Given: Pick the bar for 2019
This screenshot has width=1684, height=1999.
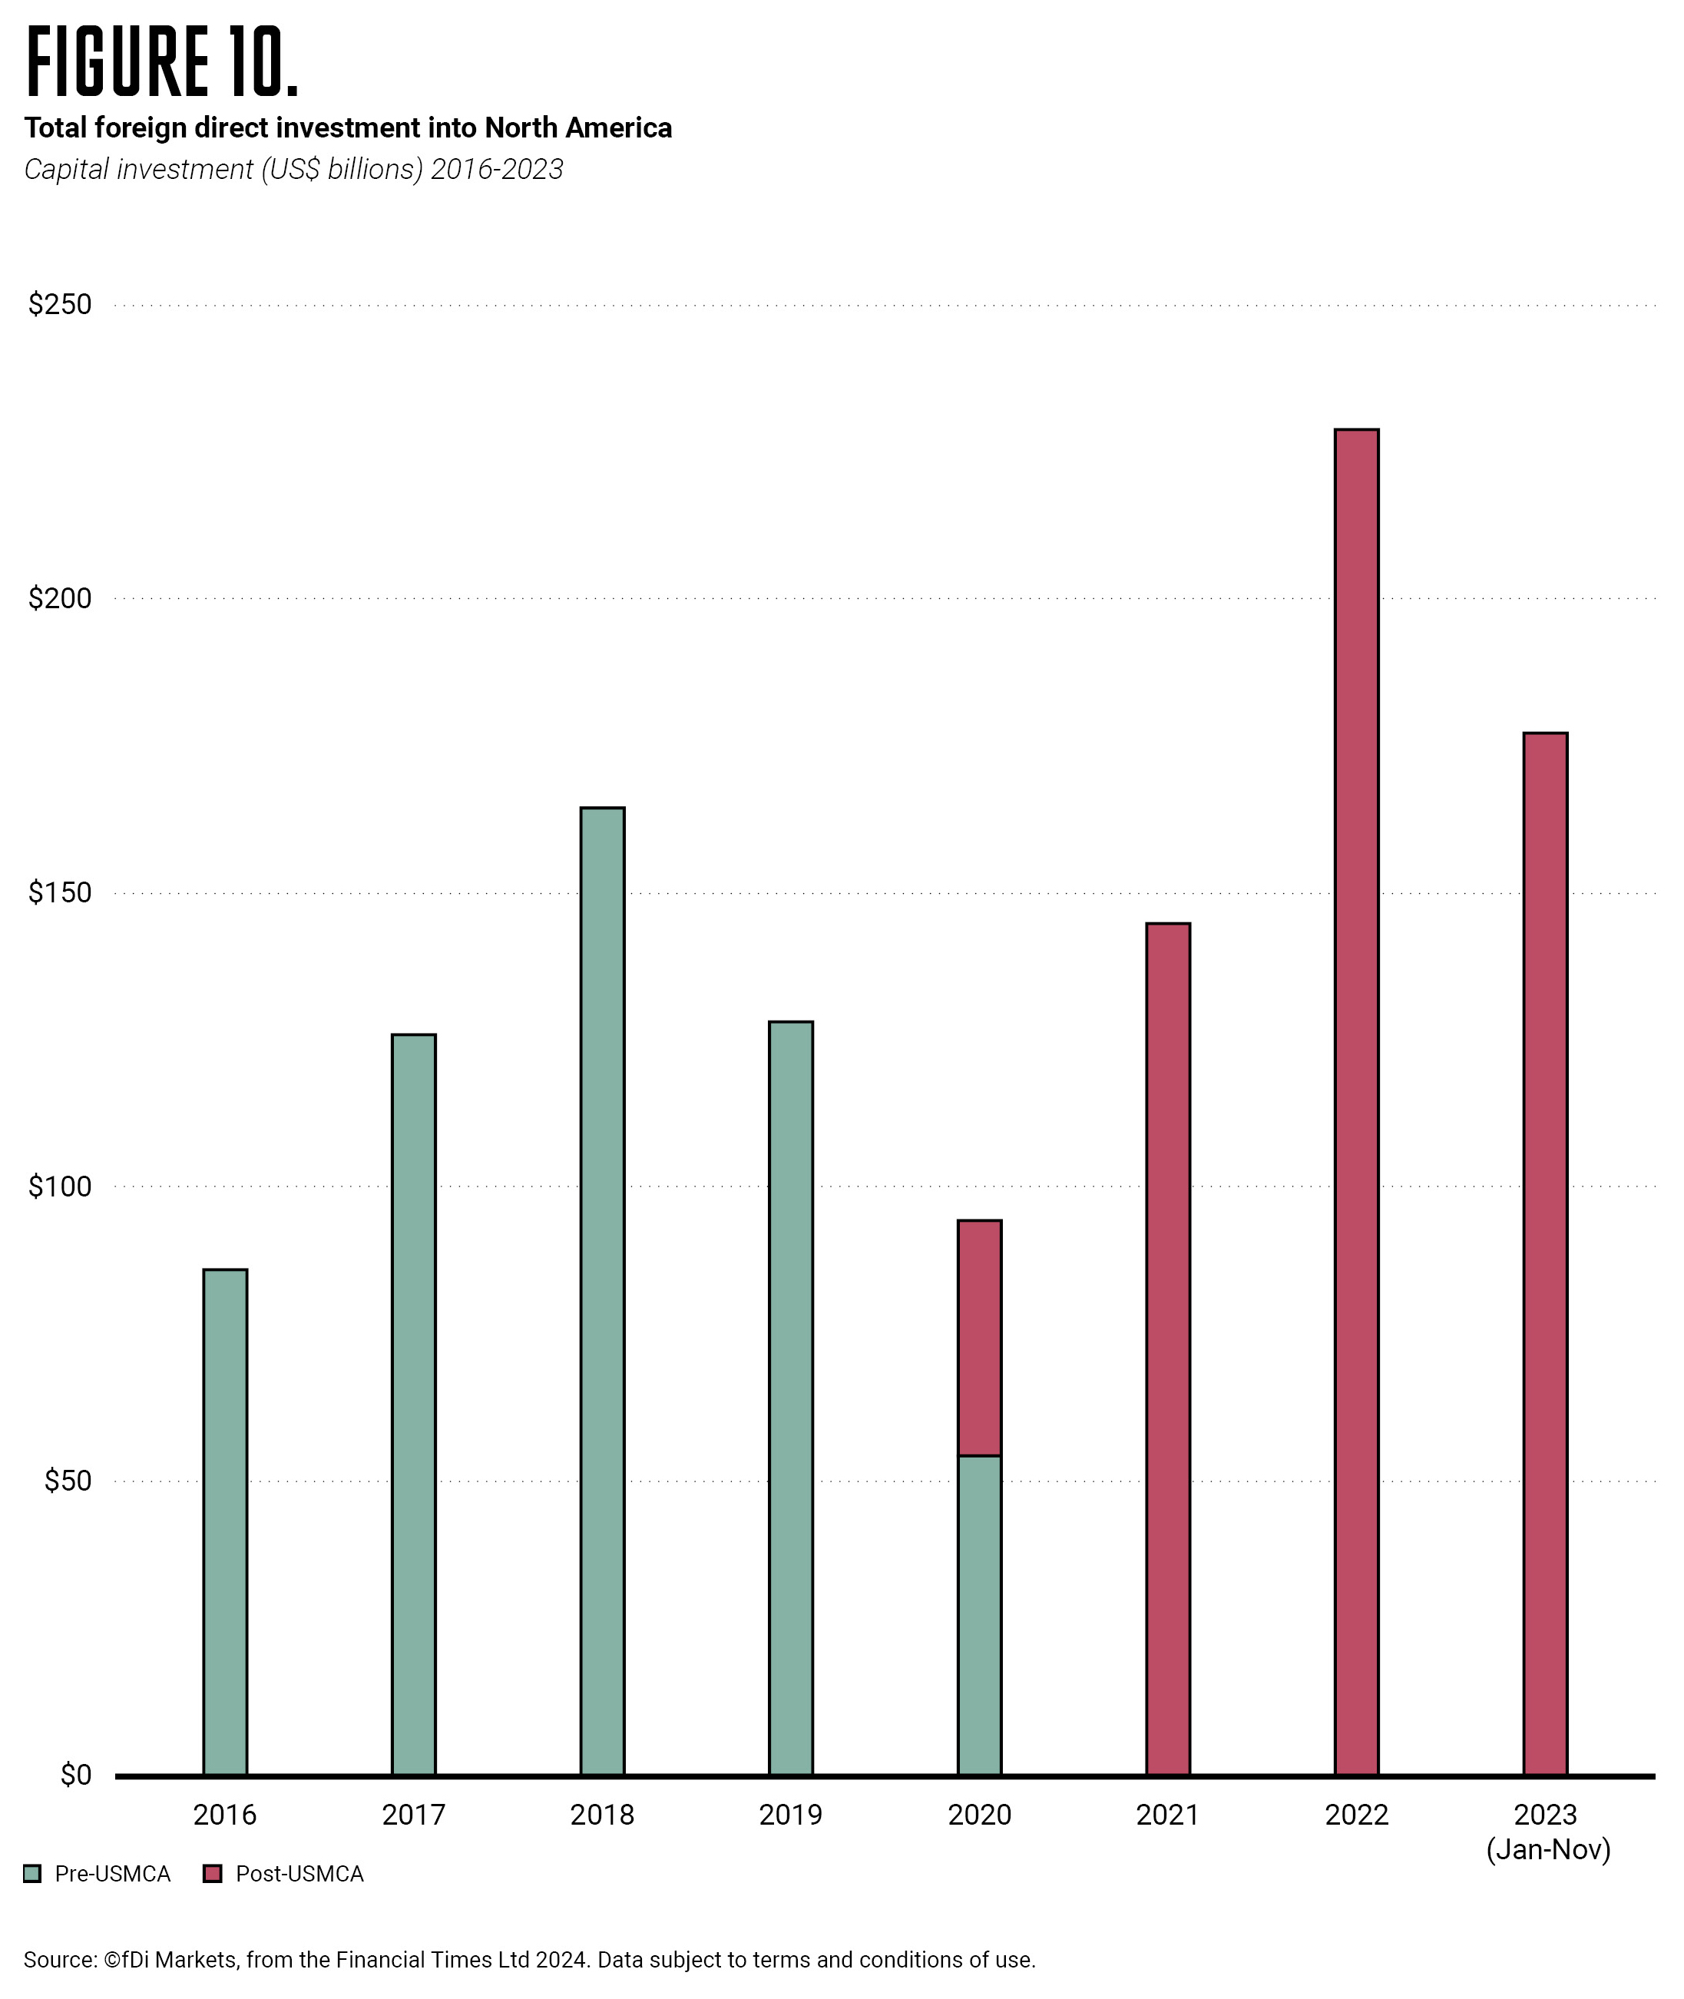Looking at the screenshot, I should click(x=790, y=1398).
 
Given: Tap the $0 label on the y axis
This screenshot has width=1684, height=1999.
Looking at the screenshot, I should click(x=75, y=1775).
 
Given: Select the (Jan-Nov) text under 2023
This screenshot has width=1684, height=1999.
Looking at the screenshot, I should click(x=1548, y=1850).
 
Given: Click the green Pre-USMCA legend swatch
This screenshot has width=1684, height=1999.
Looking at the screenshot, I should click(x=32, y=1874).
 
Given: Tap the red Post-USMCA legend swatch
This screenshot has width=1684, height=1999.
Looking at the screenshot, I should click(x=213, y=1874).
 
